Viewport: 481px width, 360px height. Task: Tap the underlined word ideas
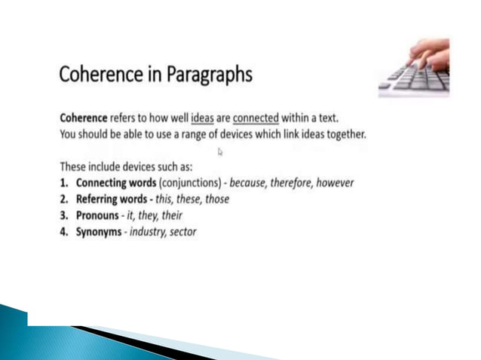203,118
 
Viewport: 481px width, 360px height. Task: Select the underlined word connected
256,118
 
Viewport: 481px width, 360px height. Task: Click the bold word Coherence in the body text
84,118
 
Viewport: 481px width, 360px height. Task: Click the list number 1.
63,183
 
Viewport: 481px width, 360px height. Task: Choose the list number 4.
64,232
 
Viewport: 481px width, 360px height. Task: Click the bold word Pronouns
97,215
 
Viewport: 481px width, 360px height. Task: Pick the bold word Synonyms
99,232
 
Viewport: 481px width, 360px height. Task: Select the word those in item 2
216,200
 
